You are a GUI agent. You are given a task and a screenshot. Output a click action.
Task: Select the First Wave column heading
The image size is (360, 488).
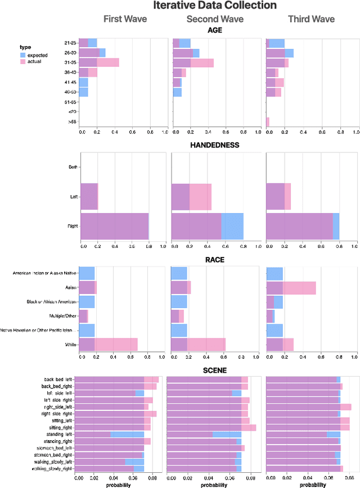click(x=125, y=19)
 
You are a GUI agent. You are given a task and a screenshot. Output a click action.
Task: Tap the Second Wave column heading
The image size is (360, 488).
click(x=215, y=19)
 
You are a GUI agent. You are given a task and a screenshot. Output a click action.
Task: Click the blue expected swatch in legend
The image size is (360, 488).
click(x=22, y=55)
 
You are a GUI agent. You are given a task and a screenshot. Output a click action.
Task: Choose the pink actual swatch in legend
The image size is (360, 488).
click(x=22, y=61)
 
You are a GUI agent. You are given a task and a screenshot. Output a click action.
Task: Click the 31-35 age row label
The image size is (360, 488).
click(x=71, y=62)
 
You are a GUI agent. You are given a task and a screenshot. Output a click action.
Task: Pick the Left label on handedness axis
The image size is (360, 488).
click(x=73, y=197)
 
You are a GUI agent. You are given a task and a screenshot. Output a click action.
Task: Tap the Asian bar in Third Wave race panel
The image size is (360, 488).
click(x=291, y=288)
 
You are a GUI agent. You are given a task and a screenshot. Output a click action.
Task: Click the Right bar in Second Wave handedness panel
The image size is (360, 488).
click(x=207, y=226)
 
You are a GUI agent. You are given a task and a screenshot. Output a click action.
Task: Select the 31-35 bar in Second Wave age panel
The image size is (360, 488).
click(x=192, y=62)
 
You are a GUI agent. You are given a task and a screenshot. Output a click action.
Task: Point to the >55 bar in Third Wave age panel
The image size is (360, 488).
click(x=268, y=121)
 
